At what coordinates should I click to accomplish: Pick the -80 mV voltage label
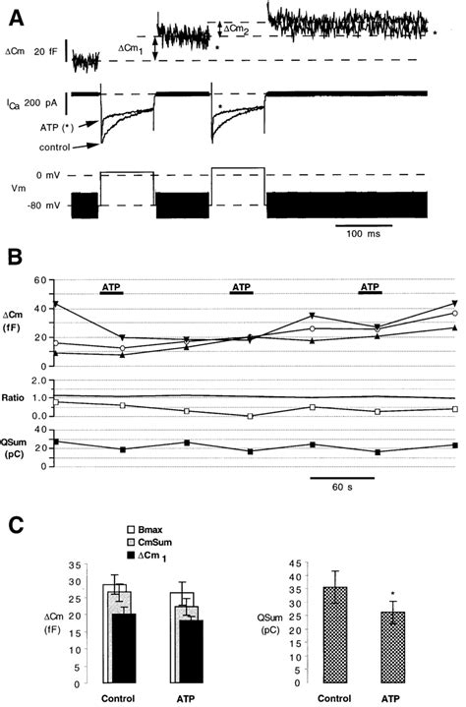click(47, 206)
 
